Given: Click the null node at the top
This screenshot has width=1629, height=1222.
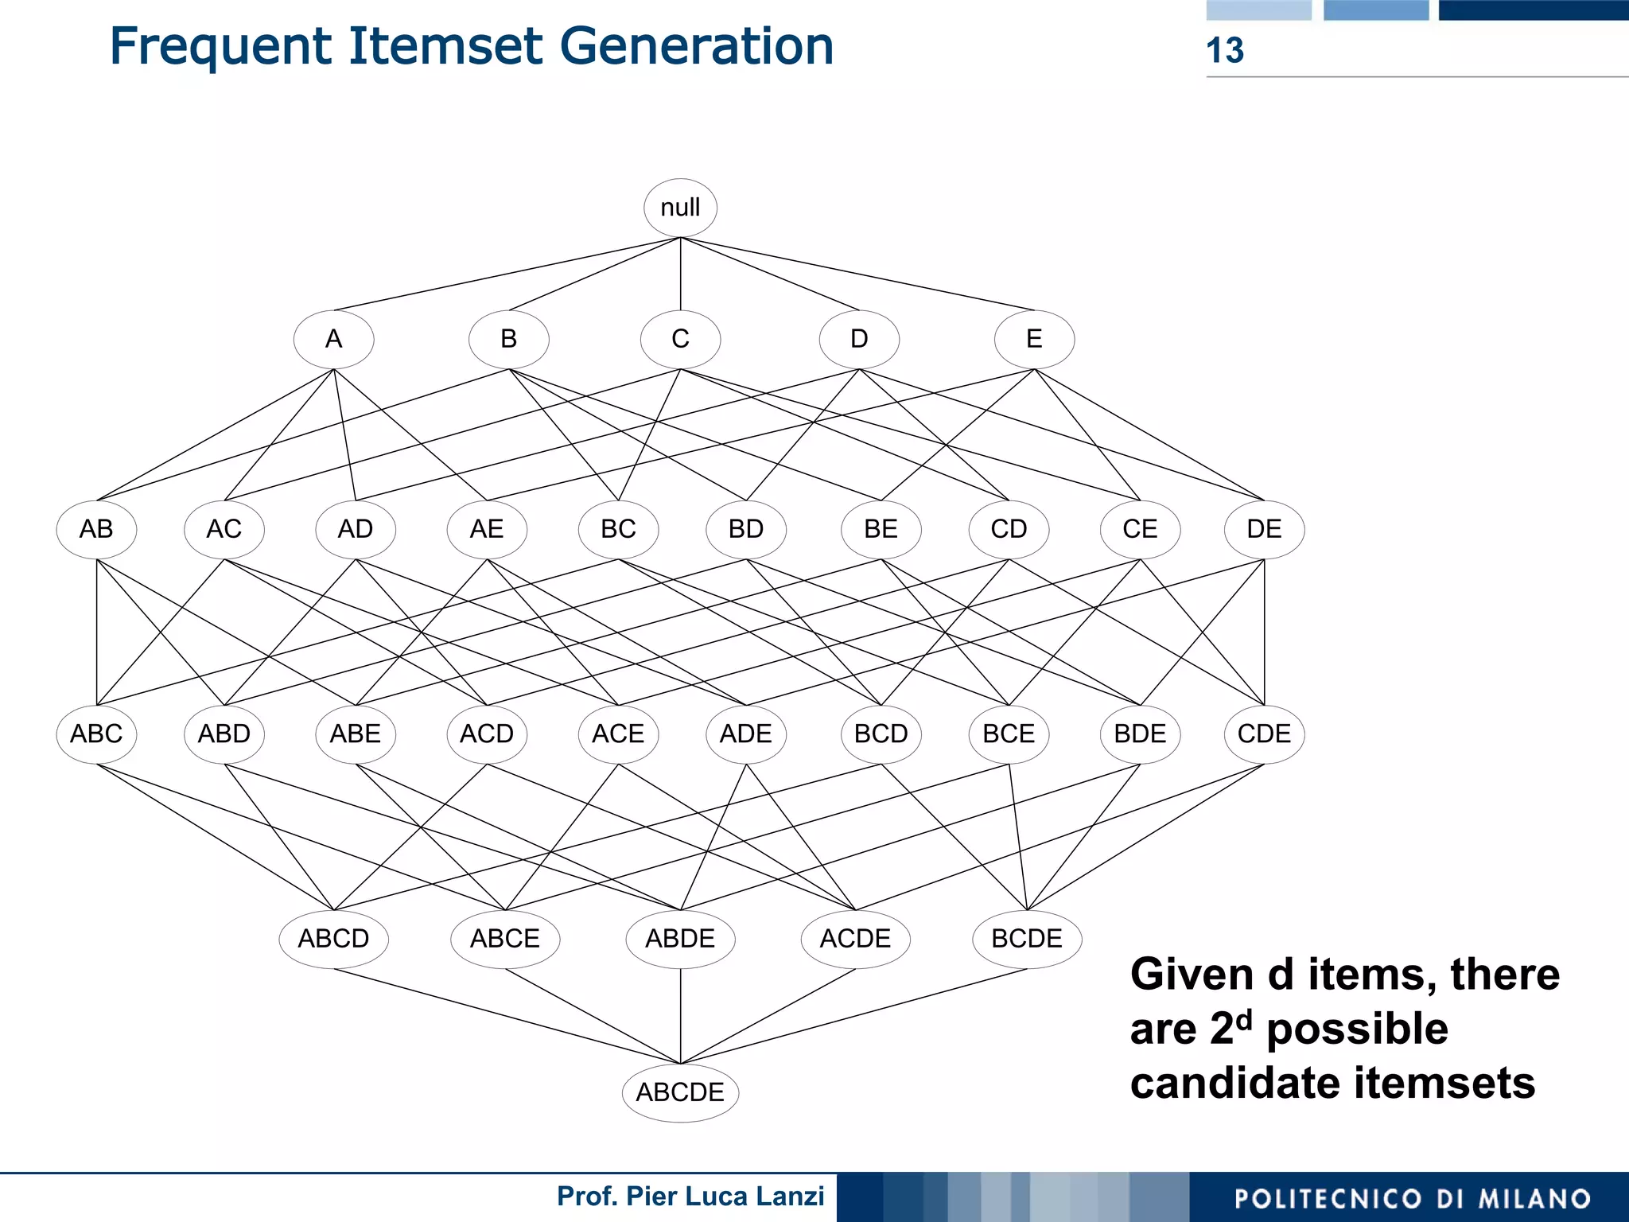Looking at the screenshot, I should point(680,208).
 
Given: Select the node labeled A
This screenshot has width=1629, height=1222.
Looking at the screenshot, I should point(333,340).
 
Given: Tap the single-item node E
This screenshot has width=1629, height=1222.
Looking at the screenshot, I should point(1034,340).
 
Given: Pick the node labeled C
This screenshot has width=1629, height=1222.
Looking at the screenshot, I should point(680,340).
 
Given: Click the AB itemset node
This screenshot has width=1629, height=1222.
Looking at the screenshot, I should point(96,529).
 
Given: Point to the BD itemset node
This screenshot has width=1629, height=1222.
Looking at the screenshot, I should point(746,529).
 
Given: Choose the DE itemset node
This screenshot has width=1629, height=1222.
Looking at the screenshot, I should point(1264,529).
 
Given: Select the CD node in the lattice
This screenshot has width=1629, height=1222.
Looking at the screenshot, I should point(1009,529).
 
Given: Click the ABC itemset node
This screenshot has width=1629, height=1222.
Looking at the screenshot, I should point(96,734).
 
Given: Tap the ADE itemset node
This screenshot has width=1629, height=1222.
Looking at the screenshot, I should point(746,734).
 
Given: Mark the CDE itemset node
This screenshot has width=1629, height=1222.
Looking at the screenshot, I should point(1264,734).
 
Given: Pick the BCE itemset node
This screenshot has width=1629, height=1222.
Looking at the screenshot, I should point(1009,734).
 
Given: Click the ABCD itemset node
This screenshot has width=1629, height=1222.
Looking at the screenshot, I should point(333,939).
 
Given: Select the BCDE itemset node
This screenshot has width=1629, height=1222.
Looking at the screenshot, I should point(1027,939).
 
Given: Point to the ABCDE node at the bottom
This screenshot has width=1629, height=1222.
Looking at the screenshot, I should point(680,1092).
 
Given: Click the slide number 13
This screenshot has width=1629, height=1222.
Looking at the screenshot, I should point(1225,51).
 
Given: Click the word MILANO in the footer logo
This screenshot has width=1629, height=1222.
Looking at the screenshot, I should point(1534,1199).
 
